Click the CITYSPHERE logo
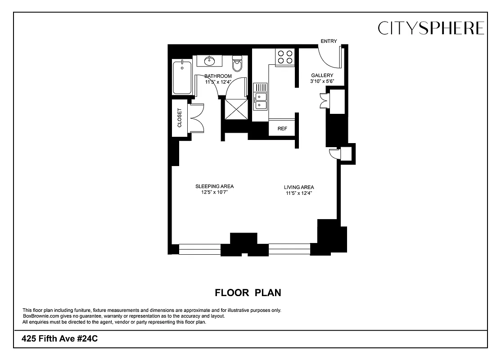(x=431, y=28)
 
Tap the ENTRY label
(x=329, y=41)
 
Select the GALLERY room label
(x=322, y=75)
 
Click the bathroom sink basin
(x=209, y=61)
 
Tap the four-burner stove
(x=284, y=56)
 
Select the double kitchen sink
(x=260, y=101)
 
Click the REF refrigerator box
(x=282, y=129)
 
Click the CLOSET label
(x=180, y=117)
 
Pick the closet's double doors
(x=197, y=117)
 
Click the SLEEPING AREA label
(x=214, y=186)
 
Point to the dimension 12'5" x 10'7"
(x=214, y=193)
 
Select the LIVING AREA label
(x=299, y=187)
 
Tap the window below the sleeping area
(x=200, y=249)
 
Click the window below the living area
(x=289, y=249)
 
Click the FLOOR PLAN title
(x=248, y=293)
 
